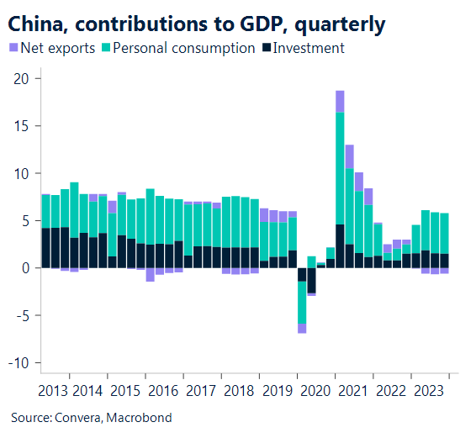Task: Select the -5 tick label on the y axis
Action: tap(23, 316)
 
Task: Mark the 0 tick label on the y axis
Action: tap(26, 268)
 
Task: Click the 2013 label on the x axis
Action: tap(54, 390)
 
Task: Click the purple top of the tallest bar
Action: tap(339, 101)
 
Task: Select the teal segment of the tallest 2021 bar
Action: tap(339, 168)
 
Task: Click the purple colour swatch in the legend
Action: tap(13, 49)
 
